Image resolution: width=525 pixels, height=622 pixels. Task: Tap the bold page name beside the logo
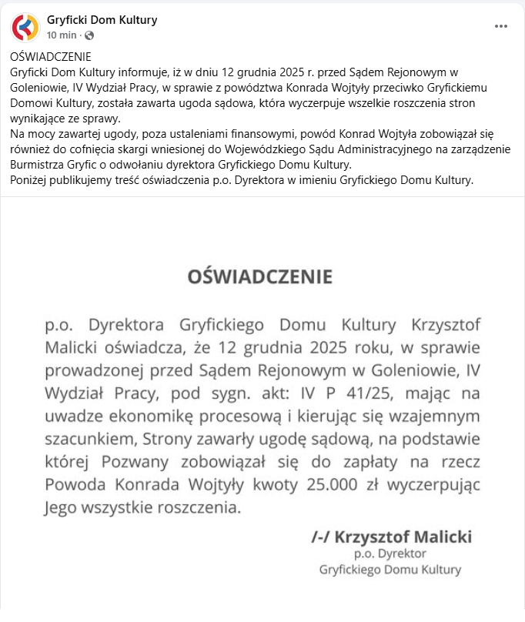pyautogui.click(x=102, y=20)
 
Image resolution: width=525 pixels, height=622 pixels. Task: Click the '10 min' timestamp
pyautogui.click(x=62, y=35)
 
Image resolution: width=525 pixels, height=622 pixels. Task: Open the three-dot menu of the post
pyautogui.click(x=501, y=26)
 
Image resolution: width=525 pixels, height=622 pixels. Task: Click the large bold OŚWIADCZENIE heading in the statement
pyautogui.click(x=260, y=277)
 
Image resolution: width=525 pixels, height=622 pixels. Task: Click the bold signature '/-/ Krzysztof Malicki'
pyautogui.click(x=391, y=537)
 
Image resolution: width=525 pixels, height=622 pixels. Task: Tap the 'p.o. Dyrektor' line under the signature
pyautogui.click(x=390, y=553)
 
